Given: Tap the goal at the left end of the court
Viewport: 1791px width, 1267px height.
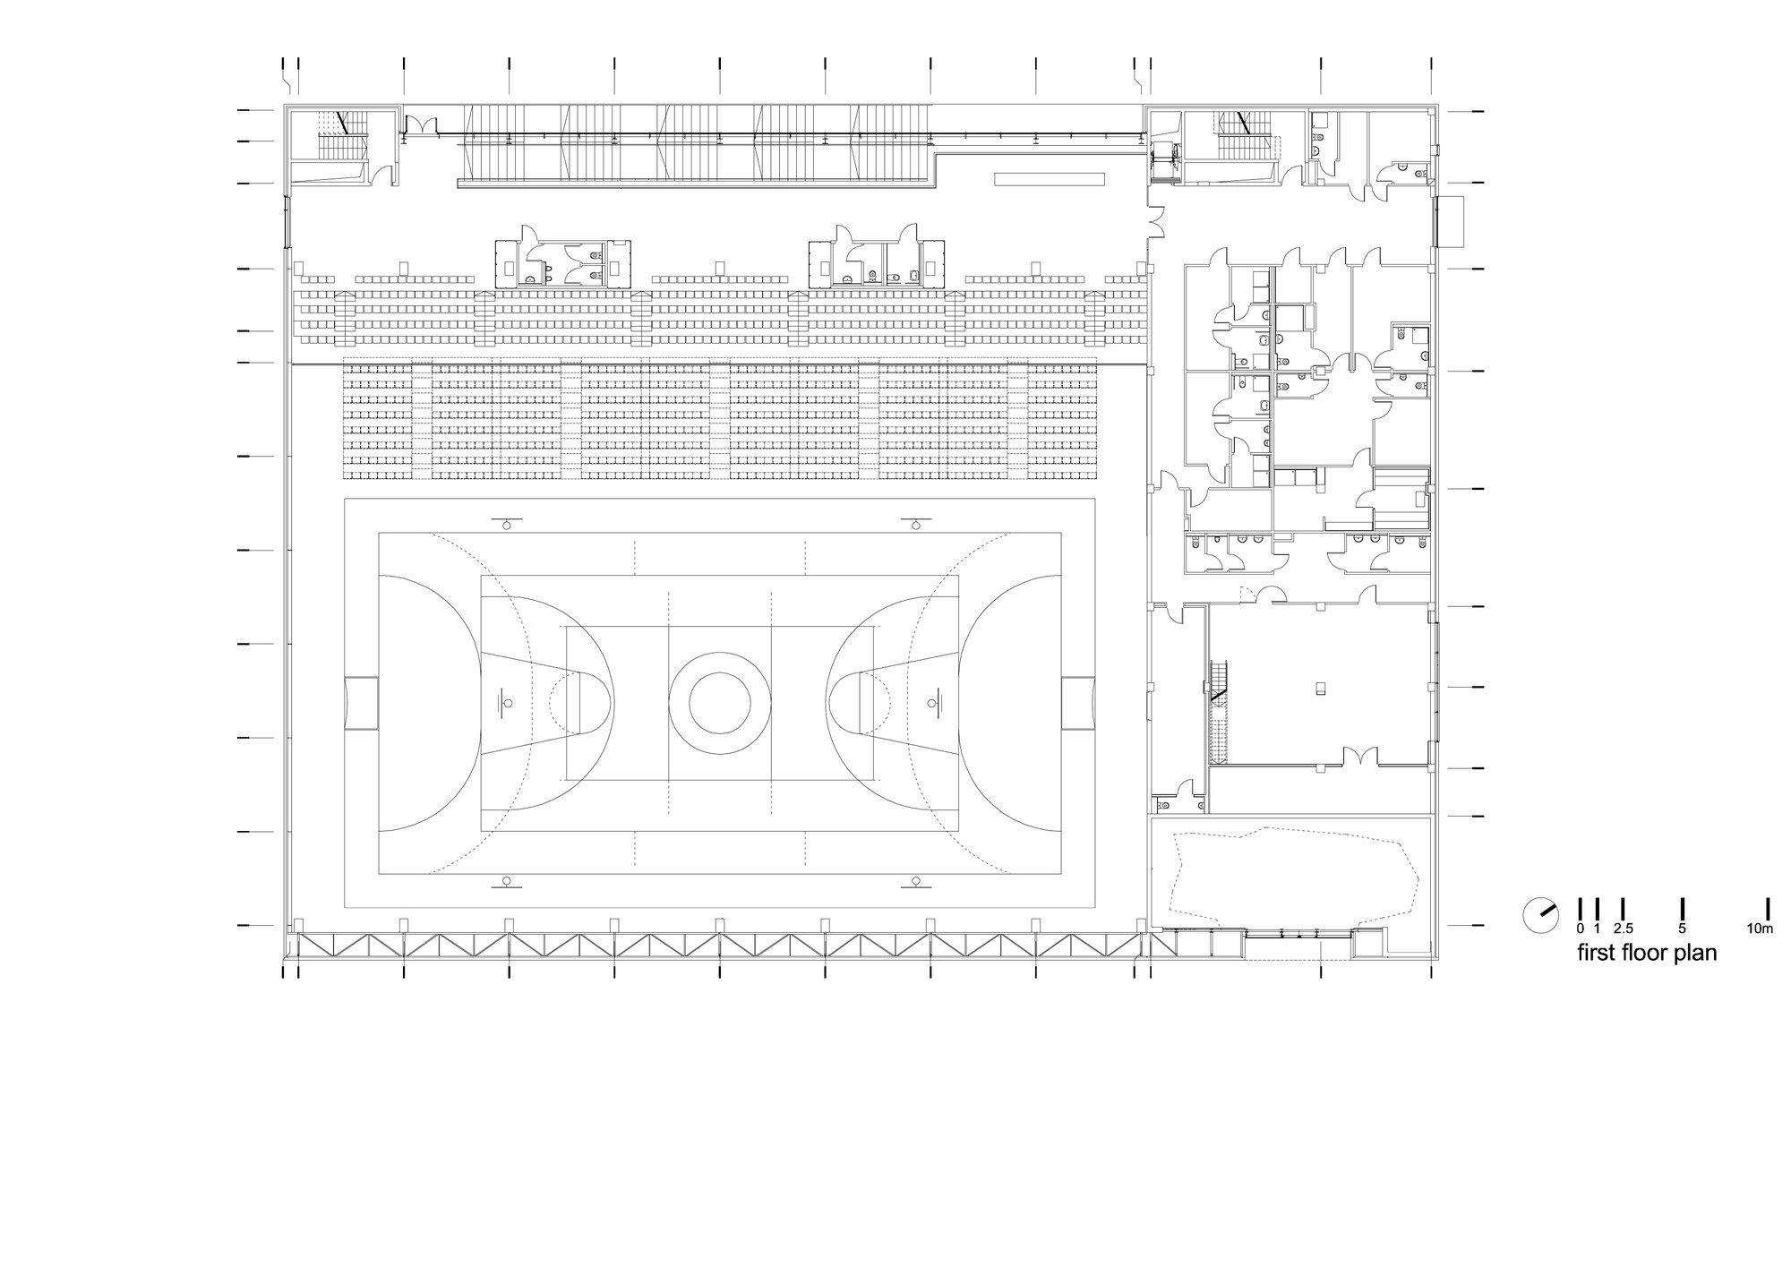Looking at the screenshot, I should click(x=361, y=703).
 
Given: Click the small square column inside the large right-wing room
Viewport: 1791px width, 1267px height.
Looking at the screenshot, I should click(x=1320, y=688).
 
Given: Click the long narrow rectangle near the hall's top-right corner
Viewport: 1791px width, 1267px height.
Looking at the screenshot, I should click(x=1051, y=180).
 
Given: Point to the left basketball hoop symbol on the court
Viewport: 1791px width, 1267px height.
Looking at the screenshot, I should click(x=506, y=703).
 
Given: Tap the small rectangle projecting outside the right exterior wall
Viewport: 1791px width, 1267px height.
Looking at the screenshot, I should click(x=1451, y=221).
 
